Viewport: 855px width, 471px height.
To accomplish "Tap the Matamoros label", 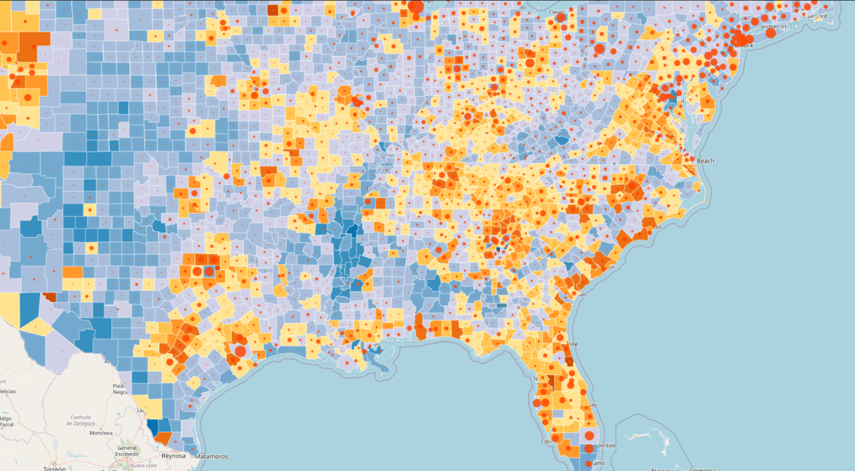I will click(209, 456).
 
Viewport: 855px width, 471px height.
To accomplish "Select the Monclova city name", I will click(101, 433).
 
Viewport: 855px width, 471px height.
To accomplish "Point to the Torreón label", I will click(54, 468).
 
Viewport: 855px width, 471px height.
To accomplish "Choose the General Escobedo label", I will click(126, 450).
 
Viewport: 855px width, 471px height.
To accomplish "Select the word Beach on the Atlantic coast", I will click(706, 160).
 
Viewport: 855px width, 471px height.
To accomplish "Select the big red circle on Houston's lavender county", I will click(240, 350).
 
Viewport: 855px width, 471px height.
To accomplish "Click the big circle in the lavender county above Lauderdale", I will click(589, 435).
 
